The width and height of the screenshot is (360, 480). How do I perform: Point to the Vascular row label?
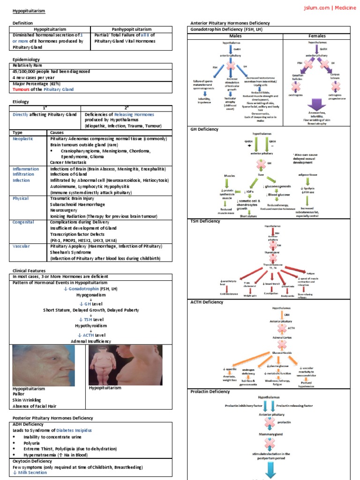(x=22, y=246)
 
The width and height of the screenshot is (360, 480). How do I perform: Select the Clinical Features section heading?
(x=29, y=270)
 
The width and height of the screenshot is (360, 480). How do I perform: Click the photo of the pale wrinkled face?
(x=43, y=364)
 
